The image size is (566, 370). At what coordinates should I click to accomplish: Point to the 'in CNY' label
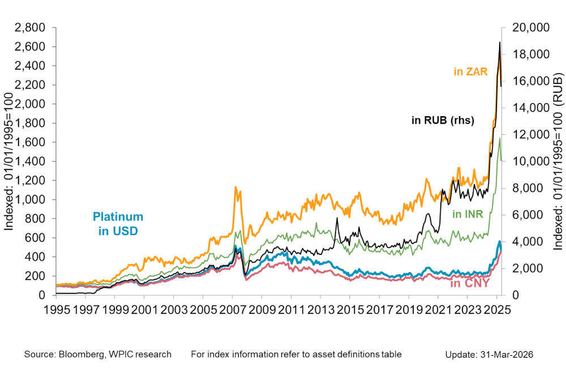tap(469, 283)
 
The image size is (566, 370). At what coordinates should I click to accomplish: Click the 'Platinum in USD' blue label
tap(118, 223)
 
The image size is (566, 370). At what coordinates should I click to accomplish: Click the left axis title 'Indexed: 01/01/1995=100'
tap(10, 161)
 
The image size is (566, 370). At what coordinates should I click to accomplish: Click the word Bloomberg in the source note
tap(79, 354)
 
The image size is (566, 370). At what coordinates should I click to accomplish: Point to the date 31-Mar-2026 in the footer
tap(508, 354)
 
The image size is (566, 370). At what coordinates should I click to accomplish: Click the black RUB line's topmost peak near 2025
tap(499, 42)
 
